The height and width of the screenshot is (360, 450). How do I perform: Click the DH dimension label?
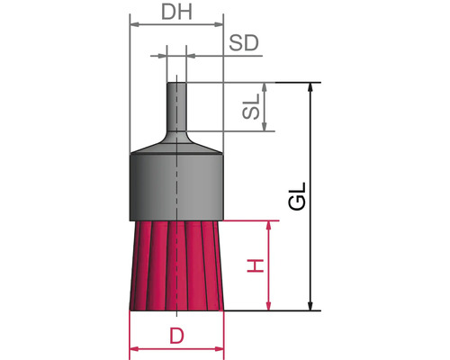[x=175, y=13]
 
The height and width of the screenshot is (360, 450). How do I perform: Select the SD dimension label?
[x=246, y=44]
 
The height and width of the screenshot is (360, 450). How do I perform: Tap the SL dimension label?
[x=252, y=108]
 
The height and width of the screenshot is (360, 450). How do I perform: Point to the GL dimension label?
[x=298, y=197]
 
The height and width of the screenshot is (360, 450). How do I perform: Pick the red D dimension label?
[x=176, y=336]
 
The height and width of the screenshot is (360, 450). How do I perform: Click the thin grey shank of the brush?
[x=175, y=108]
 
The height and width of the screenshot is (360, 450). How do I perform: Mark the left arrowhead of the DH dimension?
[x=135, y=24]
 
